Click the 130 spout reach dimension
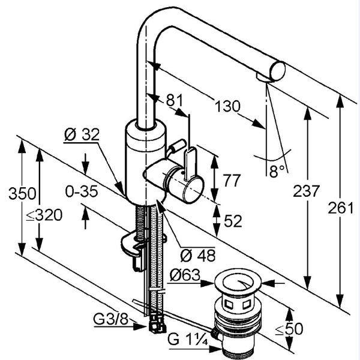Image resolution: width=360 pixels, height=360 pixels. tap(227, 106)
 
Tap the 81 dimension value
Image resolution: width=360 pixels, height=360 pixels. tap(175, 100)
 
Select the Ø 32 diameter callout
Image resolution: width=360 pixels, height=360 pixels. tap(82, 134)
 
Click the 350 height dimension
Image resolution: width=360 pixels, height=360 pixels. tap(22, 193)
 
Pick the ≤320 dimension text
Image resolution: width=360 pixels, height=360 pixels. tap(44, 215)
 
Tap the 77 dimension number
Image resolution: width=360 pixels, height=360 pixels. tap(232, 181)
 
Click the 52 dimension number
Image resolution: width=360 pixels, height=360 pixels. tap(233, 221)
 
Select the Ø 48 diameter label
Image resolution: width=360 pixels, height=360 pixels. tap(197, 256)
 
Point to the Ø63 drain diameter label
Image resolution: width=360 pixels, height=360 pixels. tap(185, 275)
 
